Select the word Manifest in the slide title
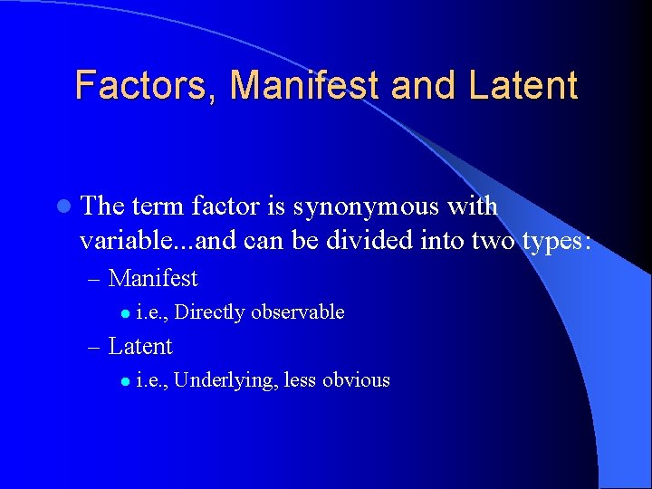click(x=304, y=85)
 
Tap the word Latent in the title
click(x=523, y=85)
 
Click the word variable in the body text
click(x=118, y=243)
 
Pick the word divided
click(x=381, y=243)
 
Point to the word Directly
click(x=209, y=312)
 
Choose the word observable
click(x=298, y=312)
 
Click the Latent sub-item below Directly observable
click(x=139, y=347)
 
